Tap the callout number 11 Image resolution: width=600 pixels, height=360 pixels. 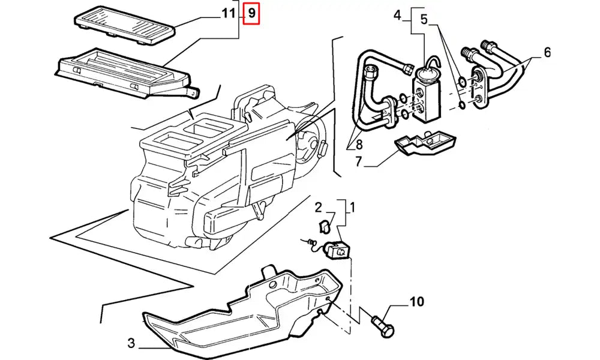[x=228, y=13]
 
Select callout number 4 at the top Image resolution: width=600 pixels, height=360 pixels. [x=397, y=14]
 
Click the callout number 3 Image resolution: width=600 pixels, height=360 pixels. [x=131, y=344]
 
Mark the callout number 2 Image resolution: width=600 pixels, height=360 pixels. [x=319, y=208]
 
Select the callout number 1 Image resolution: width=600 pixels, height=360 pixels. [x=353, y=208]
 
